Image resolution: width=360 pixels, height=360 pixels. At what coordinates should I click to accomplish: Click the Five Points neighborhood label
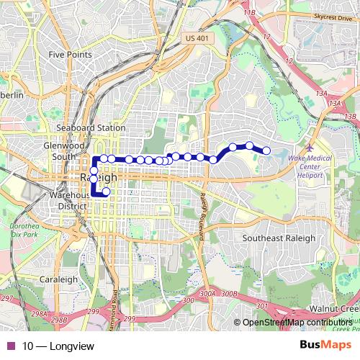[x=70, y=54]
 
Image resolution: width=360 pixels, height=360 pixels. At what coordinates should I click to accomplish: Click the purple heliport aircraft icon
[x=310, y=148]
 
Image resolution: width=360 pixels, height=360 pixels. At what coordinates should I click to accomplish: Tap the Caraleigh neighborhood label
[x=58, y=279]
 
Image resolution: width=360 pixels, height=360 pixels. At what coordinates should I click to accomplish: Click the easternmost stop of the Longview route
[x=266, y=150]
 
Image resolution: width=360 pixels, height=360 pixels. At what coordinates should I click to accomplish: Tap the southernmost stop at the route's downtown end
[x=106, y=192]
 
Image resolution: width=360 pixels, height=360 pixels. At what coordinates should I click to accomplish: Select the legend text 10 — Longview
[x=58, y=347]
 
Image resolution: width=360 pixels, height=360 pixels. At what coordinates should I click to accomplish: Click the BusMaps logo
[x=321, y=346]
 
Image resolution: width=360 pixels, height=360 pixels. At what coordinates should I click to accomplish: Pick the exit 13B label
[x=350, y=117]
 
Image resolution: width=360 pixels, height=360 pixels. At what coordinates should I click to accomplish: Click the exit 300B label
[x=229, y=293]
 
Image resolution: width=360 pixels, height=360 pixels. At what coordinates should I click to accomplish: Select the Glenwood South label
[x=58, y=150]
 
